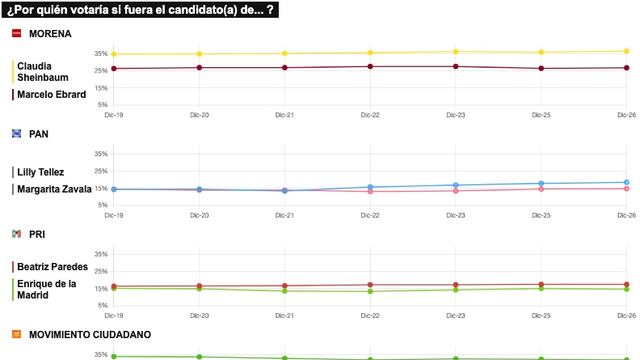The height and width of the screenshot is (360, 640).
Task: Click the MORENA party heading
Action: pos(50,33)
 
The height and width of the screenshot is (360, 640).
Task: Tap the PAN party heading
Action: pos(39,133)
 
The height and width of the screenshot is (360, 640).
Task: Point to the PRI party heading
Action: pos(38,233)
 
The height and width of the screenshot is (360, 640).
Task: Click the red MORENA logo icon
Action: pos(16,33)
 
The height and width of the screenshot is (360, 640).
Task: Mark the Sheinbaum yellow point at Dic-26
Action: pos(626,51)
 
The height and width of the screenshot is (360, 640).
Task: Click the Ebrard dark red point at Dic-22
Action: pos(370,67)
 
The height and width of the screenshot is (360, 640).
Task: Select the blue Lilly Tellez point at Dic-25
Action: pos(541,184)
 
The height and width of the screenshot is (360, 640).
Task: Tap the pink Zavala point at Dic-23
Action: pos(456,190)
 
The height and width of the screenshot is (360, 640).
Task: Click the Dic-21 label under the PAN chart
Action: pos(285,215)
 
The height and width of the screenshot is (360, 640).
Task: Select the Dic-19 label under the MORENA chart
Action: pos(114,115)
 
